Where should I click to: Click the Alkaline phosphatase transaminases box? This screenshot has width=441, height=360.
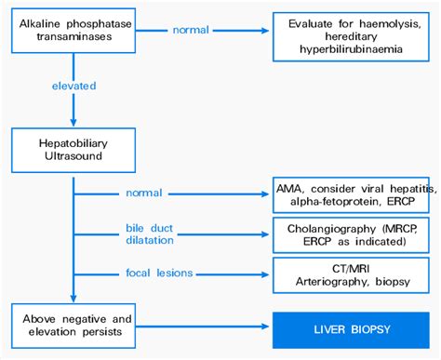tap(73, 31)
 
